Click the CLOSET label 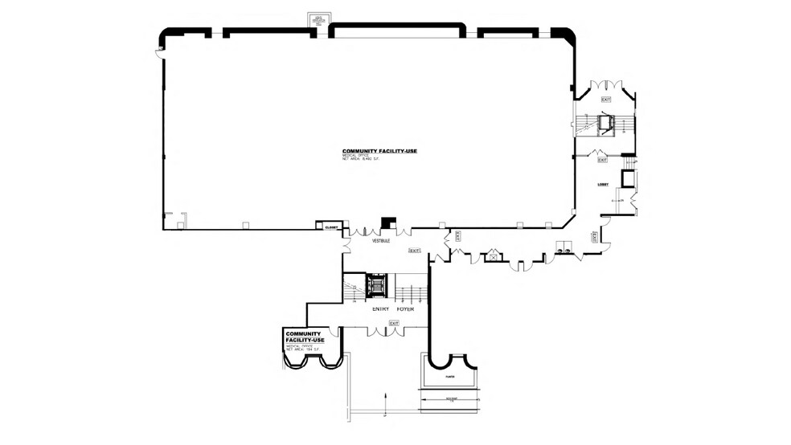[329, 227]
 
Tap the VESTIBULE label [380, 241]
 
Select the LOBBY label [602, 186]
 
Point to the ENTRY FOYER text [393, 308]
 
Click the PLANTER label [448, 374]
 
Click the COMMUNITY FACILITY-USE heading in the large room [379, 151]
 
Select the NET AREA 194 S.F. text [305, 351]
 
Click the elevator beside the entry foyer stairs [376, 285]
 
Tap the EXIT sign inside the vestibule [415, 251]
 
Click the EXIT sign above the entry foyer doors [394, 323]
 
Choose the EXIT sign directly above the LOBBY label [602, 160]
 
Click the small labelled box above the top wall [319, 18]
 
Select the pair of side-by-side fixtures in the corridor [562, 251]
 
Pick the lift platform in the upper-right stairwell [605, 122]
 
